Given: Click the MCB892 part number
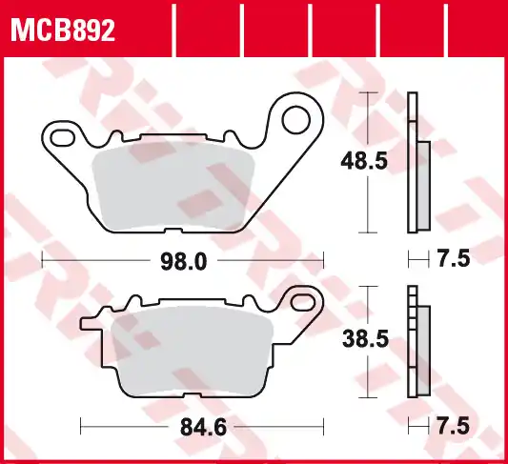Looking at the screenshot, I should [63, 30].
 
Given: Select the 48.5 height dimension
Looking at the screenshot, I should [364, 162].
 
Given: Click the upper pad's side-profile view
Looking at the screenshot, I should [417, 162].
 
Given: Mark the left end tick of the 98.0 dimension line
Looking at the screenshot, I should [44, 259].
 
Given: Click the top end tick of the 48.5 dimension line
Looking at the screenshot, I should [367, 92].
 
